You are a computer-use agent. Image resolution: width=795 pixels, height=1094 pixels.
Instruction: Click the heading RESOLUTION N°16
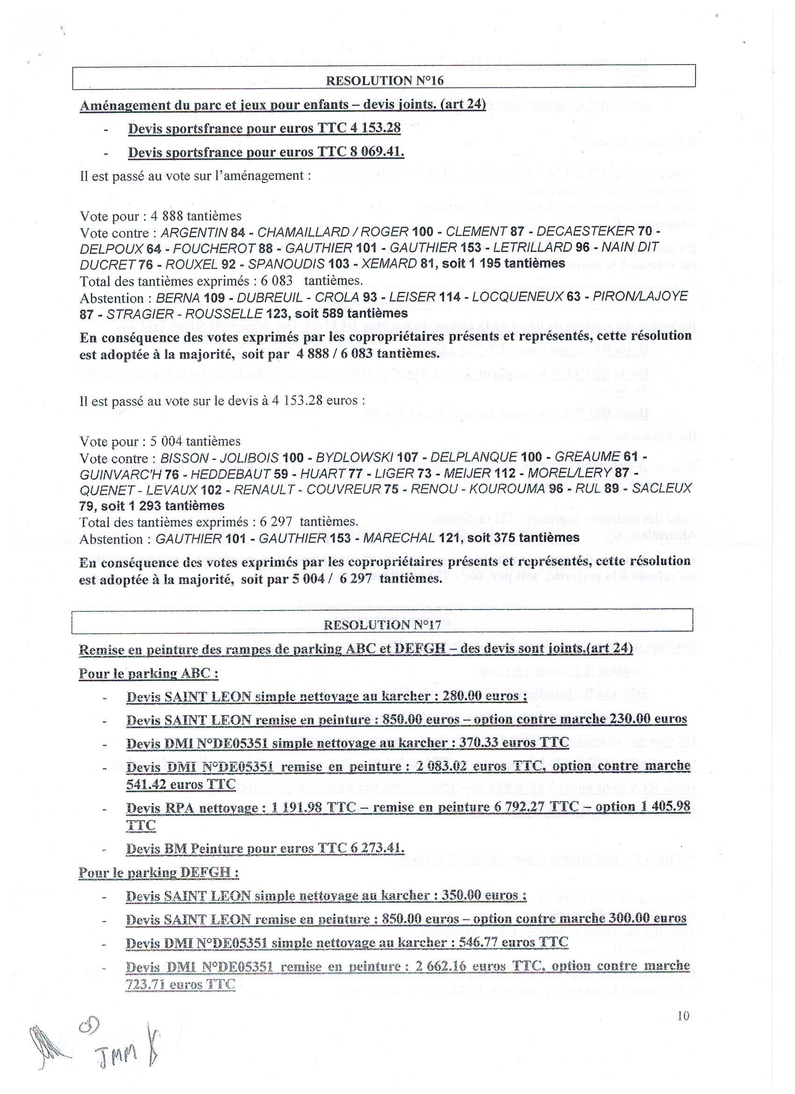384,80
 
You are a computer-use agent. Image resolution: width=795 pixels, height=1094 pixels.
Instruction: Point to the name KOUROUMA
508,489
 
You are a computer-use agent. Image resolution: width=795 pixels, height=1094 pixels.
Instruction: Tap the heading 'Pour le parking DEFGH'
159,873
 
